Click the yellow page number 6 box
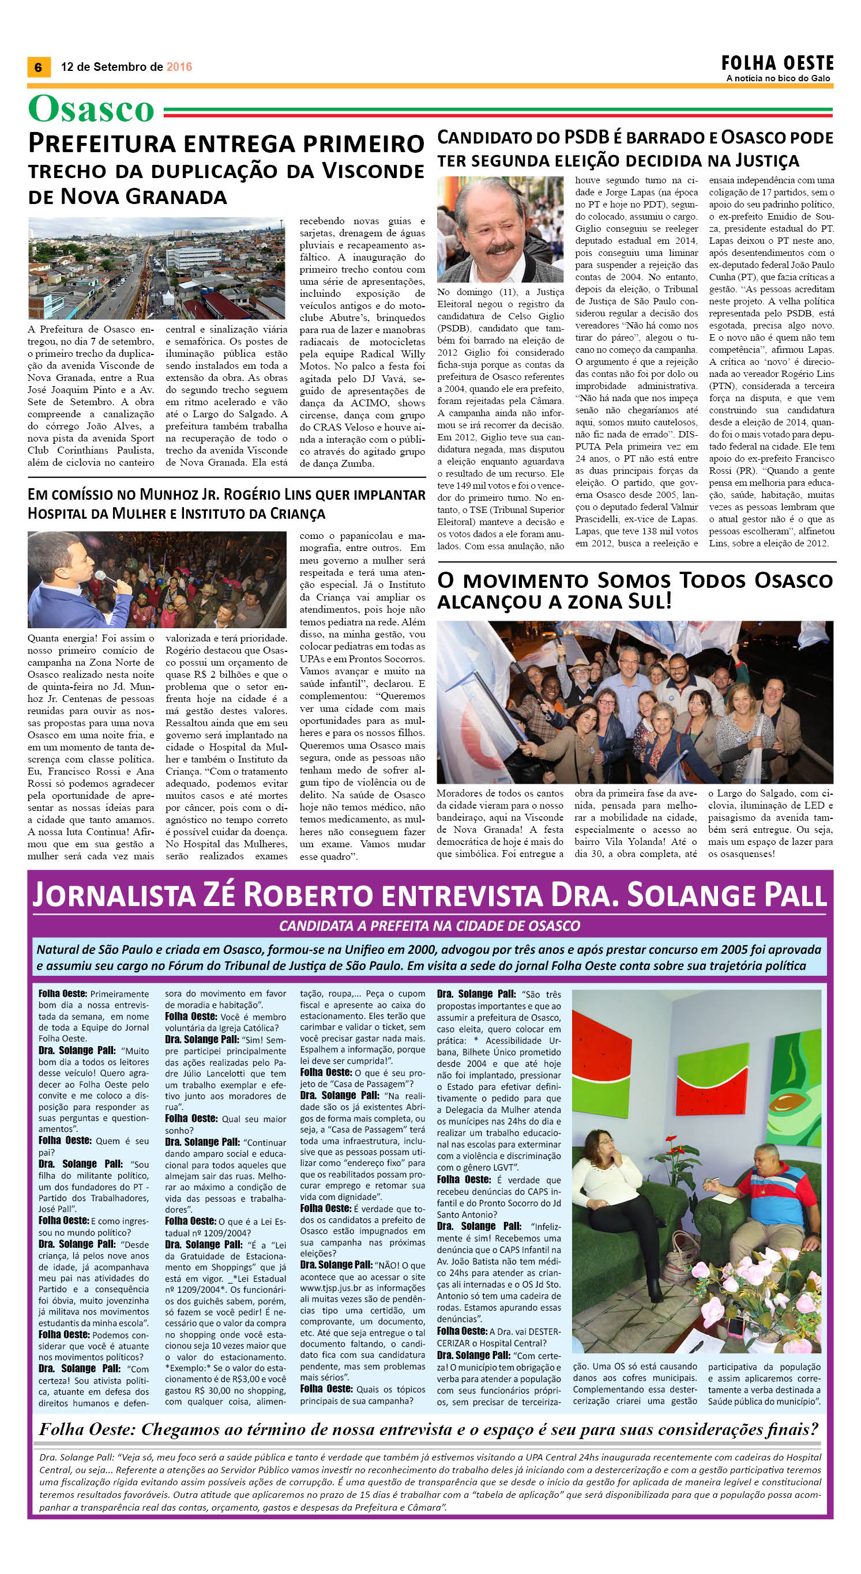pos(39,67)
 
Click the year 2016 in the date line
pos(179,67)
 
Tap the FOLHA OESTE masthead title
pos(777,63)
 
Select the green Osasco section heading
pos(91,110)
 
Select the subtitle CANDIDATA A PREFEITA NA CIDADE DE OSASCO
pos(429,926)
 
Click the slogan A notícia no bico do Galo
pos(778,79)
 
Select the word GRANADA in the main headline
pos(166,197)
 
